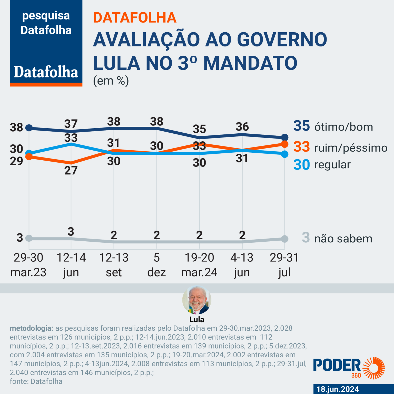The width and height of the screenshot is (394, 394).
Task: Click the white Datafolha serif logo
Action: [46, 72]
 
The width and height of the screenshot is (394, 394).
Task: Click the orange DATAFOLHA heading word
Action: [135, 18]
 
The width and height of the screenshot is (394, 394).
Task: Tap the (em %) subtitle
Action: [111, 81]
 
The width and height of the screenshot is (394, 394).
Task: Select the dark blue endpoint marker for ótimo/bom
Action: [285, 137]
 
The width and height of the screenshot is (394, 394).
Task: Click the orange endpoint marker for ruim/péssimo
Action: [285, 144]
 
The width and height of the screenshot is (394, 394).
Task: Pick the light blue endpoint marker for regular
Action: [285, 154]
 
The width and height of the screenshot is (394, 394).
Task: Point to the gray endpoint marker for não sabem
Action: [285, 239]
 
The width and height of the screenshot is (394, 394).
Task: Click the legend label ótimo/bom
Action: [343, 127]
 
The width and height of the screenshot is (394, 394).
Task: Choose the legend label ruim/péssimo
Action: [351, 148]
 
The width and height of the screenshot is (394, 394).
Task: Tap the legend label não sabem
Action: [343, 239]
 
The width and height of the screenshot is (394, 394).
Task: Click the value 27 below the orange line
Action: [71, 170]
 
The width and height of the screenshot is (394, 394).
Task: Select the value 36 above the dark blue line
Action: [242, 127]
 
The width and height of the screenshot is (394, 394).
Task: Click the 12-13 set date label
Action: [114, 265]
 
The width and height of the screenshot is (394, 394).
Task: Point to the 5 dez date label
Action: [156, 265]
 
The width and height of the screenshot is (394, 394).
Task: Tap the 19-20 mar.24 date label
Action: [199, 265]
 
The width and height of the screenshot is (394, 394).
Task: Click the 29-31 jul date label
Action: [284, 265]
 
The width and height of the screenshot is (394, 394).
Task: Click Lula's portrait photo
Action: [197, 300]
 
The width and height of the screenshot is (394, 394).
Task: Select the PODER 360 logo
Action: [349, 368]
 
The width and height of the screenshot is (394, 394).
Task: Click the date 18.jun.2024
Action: [338, 389]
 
